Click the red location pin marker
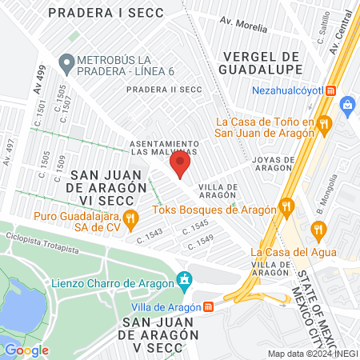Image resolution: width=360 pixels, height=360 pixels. pos(180,166)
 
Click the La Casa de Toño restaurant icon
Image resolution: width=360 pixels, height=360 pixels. pos(324,123)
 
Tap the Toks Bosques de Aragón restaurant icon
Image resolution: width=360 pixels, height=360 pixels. pos(286,210)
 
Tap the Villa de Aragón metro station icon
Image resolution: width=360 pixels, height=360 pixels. pos(208,306)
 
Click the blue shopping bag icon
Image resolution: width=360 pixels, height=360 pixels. pos(347,103)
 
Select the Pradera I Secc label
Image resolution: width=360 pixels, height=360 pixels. pos(117,13)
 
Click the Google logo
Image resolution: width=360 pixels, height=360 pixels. pos(26,350)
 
